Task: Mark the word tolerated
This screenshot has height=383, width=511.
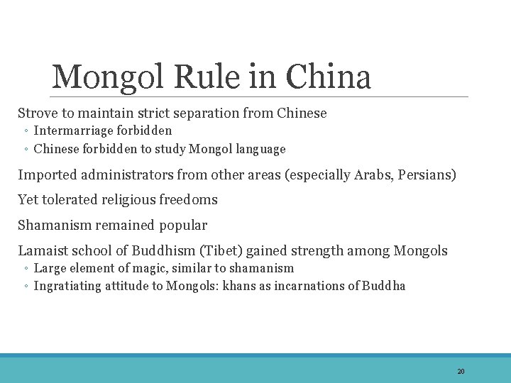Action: point(77,200)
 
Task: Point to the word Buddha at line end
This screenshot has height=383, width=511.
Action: point(384,286)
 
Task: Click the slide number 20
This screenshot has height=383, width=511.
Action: point(461,372)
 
